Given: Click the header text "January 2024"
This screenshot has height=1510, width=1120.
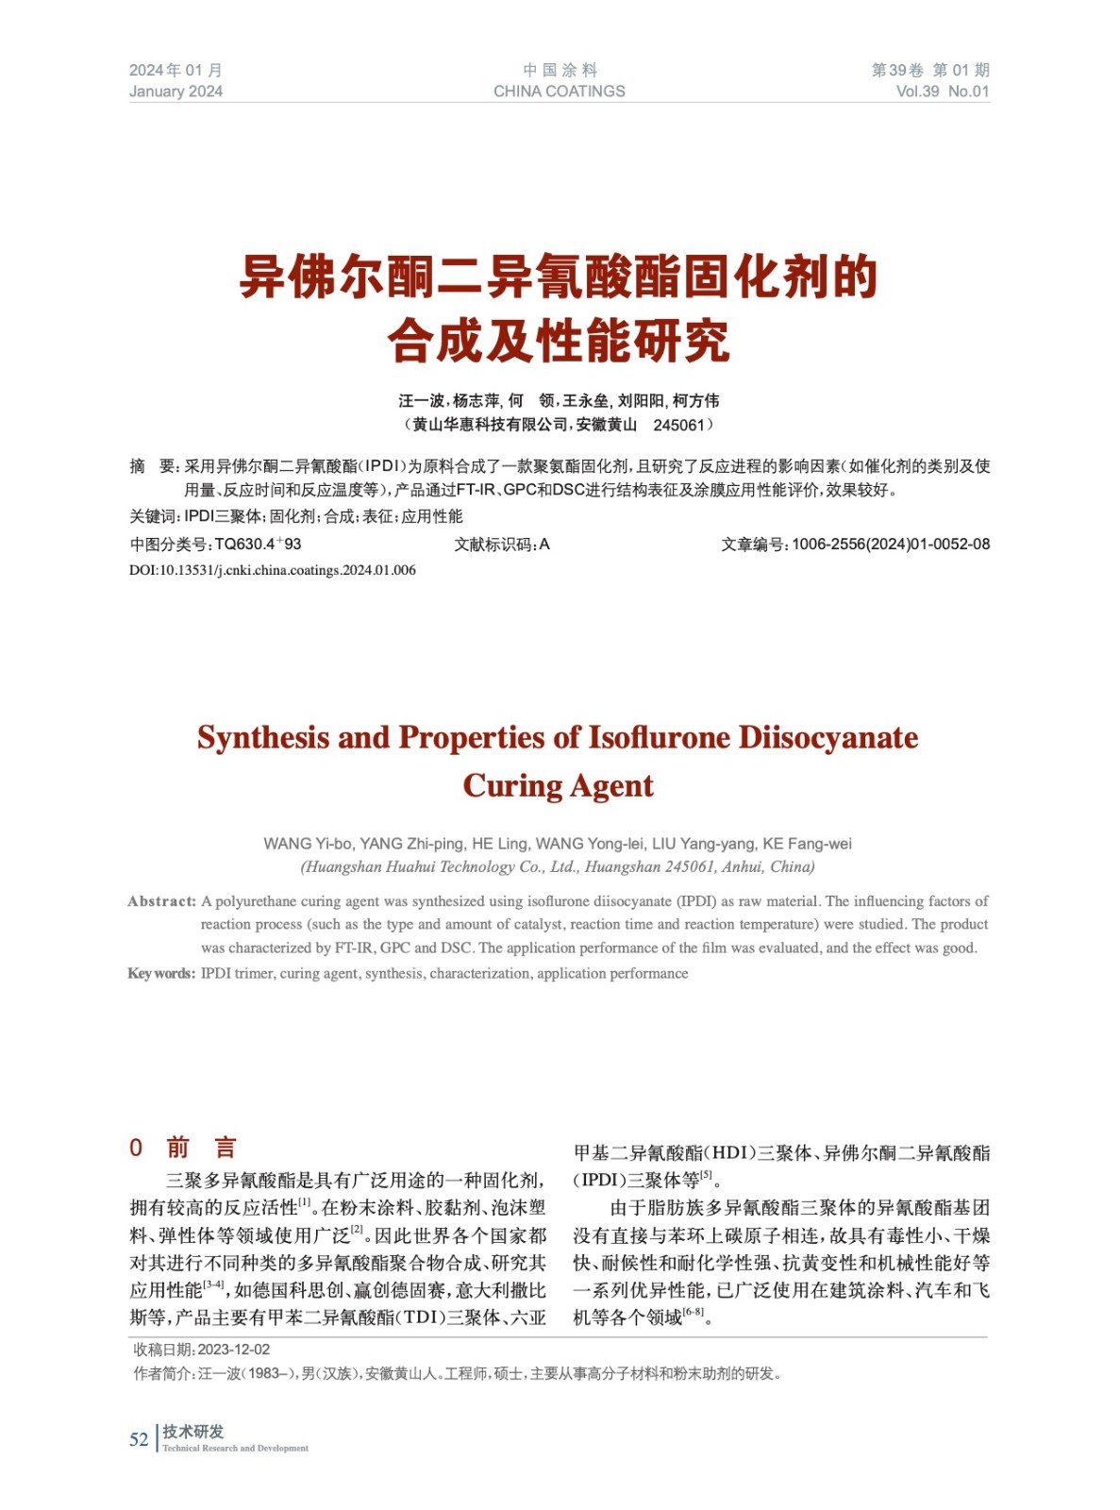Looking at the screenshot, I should coord(176,92).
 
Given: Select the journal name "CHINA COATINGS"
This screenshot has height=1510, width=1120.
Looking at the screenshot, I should coord(559,92).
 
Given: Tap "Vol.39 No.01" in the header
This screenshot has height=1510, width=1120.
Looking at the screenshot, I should coord(942,92).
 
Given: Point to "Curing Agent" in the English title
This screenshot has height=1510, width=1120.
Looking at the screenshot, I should coord(558,786).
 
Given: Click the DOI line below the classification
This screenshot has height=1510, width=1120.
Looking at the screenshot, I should coord(272,570).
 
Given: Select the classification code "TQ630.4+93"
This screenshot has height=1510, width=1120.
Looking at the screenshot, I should coord(258,545).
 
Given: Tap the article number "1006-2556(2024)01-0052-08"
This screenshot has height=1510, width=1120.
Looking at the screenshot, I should coord(890,545).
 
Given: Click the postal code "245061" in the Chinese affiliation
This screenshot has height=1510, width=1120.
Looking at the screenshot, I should coord(678,426).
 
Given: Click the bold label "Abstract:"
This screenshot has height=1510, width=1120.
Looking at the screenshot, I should coord(161,901).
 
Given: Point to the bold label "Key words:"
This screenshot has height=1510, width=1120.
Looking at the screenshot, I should coord(161,974).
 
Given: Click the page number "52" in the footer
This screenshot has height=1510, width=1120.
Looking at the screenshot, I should coord(139,1439).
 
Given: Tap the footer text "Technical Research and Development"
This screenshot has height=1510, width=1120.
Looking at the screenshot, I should coord(235,1449).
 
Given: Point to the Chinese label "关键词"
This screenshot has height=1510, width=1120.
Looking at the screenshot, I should coord(153,517).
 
